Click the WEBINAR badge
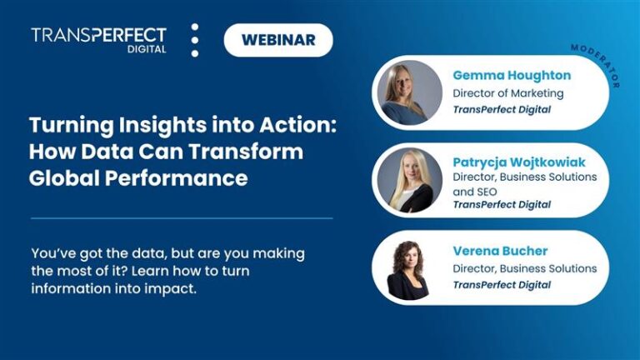coord(278,40)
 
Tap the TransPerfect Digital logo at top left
coord(98,39)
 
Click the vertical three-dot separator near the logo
coord(195,40)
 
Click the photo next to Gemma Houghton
coord(409,92)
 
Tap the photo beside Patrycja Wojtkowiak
coord(409,179)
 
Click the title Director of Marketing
coord(508,93)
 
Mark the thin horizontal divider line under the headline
coord(182,218)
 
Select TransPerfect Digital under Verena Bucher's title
coord(502,285)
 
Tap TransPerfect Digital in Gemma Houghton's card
coord(502,110)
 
